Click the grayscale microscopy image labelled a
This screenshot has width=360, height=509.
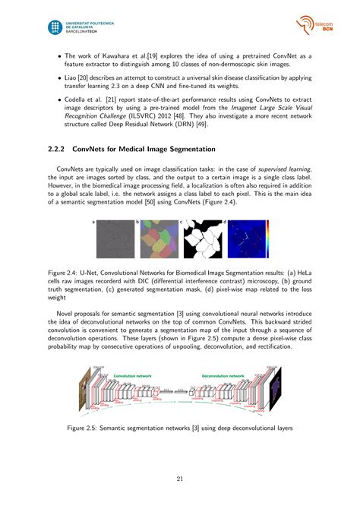(115, 239)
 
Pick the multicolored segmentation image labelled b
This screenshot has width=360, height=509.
(156, 239)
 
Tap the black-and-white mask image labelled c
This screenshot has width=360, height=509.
(200, 239)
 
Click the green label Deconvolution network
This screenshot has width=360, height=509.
(223, 375)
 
